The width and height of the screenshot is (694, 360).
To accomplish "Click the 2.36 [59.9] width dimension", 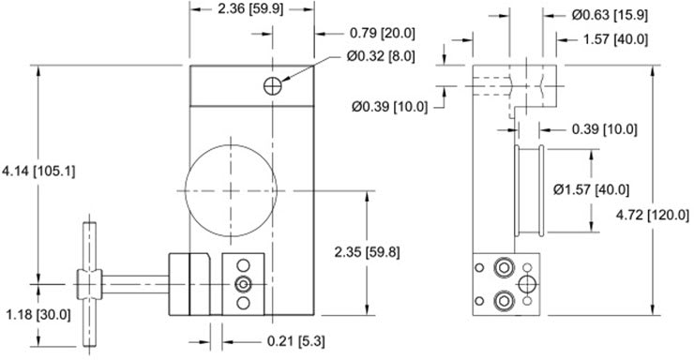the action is coord(250,8).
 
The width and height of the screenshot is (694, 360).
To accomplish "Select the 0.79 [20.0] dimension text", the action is coord(383,33).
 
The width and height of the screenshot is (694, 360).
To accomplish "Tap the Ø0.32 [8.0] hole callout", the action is coord(381,56).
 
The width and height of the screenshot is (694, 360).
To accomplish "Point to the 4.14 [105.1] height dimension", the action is coord(38,172).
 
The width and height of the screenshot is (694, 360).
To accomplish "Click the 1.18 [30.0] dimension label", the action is coord(38,315).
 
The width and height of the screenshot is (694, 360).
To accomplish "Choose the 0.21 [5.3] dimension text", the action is coord(295,341).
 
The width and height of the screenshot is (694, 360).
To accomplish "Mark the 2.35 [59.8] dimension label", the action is coord(367,252).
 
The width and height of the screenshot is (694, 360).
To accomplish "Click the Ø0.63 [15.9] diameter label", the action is coord(610,16).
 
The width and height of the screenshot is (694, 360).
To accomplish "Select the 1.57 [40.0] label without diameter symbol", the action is coord(615,39).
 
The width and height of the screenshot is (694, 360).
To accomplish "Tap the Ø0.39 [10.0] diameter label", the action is coord(390,107).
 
